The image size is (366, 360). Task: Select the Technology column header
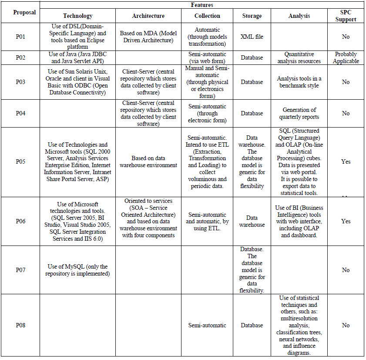coord(78,16)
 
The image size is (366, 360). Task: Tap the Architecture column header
coord(148,16)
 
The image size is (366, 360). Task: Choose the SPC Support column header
coord(346,16)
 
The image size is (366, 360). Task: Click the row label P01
coord(20,37)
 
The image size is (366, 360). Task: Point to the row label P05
coord(20,161)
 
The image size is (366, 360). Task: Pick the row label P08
coord(20,325)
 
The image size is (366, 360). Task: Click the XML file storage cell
coord(252,37)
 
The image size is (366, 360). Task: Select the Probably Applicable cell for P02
coord(346,57)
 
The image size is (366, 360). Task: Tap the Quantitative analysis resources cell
coord(299,57)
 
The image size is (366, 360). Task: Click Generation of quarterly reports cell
coord(299,113)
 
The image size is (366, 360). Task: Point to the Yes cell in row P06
coord(346,221)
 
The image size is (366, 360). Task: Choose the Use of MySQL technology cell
coord(78,270)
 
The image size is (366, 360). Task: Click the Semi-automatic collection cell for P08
coord(207,325)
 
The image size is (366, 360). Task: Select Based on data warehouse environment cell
coord(148,161)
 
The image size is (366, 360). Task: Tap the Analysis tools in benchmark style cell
coord(299,82)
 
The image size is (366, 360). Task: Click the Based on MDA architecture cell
coord(148,37)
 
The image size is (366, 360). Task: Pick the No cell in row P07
coord(346,270)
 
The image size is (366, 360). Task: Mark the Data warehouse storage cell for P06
coord(252,221)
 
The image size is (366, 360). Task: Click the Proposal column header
coord(20,12)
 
